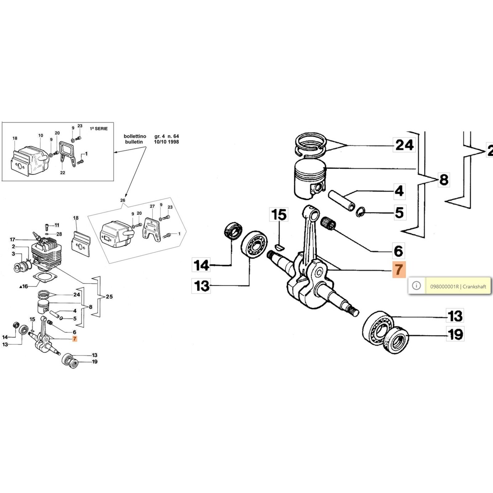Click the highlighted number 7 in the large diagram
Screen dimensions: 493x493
coord(399,270)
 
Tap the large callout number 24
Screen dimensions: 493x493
coord(404,145)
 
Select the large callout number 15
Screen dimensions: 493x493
coord(279,215)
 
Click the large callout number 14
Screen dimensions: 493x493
coord(201,265)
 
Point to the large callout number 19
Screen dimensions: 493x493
coord(455,334)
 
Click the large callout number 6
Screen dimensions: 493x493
coord(398,251)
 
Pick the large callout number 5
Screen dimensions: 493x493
coord(399,213)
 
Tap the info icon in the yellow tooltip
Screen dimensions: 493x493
coord(416,286)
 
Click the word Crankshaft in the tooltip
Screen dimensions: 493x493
coord(474,287)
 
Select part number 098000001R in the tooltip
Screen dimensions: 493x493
coord(444,287)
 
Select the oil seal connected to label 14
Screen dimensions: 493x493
coord(233,230)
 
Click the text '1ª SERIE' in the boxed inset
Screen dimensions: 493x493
coord(99,128)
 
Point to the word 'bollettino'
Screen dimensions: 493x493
coord(135,136)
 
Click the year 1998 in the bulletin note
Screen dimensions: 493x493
coord(173,142)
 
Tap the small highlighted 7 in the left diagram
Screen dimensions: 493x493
coord(75,339)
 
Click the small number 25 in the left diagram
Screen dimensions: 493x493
coord(109,297)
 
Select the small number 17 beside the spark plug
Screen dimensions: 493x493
coord(12,239)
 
